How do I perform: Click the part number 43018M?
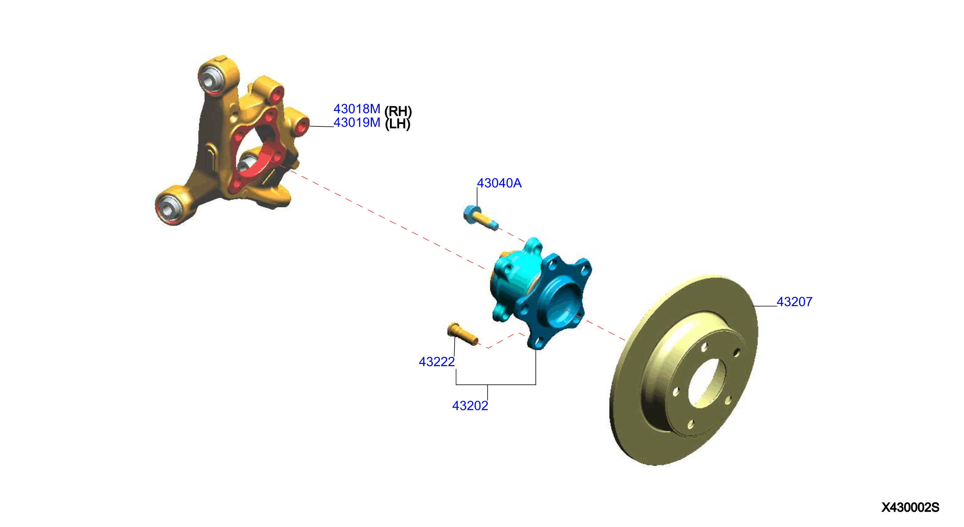pyautogui.click(x=357, y=109)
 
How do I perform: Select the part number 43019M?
pyautogui.click(x=357, y=123)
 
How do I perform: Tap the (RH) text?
pyautogui.click(x=398, y=111)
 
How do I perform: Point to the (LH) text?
pyautogui.click(x=397, y=124)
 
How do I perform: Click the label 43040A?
pyautogui.click(x=499, y=183)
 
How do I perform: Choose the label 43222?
pyautogui.click(x=437, y=362)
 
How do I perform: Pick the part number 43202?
pyautogui.click(x=470, y=406)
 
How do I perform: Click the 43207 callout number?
pyautogui.click(x=794, y=302)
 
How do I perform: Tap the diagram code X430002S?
pyautogui.click(x=910, y=507)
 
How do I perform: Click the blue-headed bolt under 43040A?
pyautogui.click(x=480, y=218)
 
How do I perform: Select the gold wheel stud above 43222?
pyautogui.click(x=463, y=334)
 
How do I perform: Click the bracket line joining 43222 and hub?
pyautogui.click(x=496, y=384)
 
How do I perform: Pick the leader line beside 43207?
pyautogui.click(x=765, y=306)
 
